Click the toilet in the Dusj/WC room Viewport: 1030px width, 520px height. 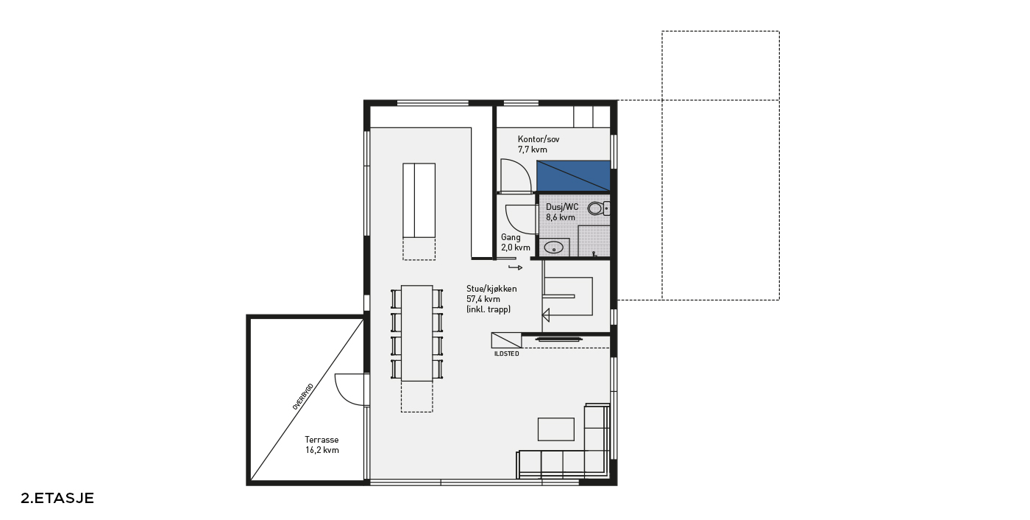(x=598, y=208)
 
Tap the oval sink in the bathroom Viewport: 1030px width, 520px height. (x=553, y=247)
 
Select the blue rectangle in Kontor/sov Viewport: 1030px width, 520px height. (x=573, y=176)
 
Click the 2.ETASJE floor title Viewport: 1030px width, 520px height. (x=57, y=499)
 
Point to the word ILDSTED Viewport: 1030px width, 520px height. (x=507, y=354)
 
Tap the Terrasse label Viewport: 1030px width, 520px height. (x=322, y=440)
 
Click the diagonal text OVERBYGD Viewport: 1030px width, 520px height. (x=303, y=396)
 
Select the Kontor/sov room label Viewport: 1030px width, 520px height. (x=539, y=139)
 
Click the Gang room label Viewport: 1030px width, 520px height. (x=511, y=237)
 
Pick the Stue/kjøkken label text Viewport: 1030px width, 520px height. (x=491, y=289)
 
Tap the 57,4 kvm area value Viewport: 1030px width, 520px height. (x=483, y=299)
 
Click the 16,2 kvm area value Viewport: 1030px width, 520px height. (x=322, y=450)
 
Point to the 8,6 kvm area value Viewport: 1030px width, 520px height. (x=561, y=217)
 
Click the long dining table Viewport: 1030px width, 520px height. (x=416, y=333)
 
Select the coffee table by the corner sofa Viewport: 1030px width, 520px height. (x=556, y=429)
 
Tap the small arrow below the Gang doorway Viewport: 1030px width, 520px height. (x=516, y=267)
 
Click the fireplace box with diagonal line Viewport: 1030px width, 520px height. (x=506, y=340)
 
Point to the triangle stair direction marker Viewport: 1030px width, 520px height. (x=546, y=315)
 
